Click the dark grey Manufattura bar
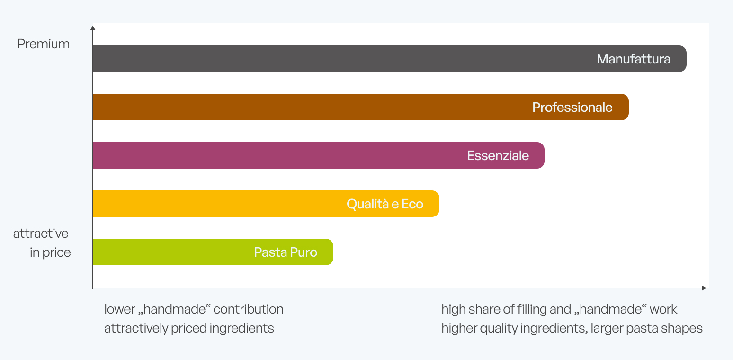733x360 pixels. [x=389, y=59]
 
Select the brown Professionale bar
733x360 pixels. [x=361, y=107]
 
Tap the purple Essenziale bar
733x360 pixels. [x=318, y=155]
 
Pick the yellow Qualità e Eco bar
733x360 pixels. [x=266, y=204]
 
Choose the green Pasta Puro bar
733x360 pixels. [x=213, y=252]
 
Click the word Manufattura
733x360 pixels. [x=634, y=59]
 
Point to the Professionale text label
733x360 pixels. [x=572, y=108]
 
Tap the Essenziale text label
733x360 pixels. [x=498, y=155]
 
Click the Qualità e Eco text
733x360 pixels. [x=385, y=204]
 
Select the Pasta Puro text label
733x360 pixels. [x=286, y=252]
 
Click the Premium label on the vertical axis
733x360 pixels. [x=44, y=44]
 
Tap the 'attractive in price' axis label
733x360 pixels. [x=42, y=243]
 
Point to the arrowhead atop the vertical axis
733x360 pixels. [x=93, y=28]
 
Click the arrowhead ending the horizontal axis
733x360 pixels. [x=704, y=288]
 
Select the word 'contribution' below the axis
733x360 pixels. [x=249, y=309]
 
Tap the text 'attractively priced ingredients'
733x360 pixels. [x=189, y=328]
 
